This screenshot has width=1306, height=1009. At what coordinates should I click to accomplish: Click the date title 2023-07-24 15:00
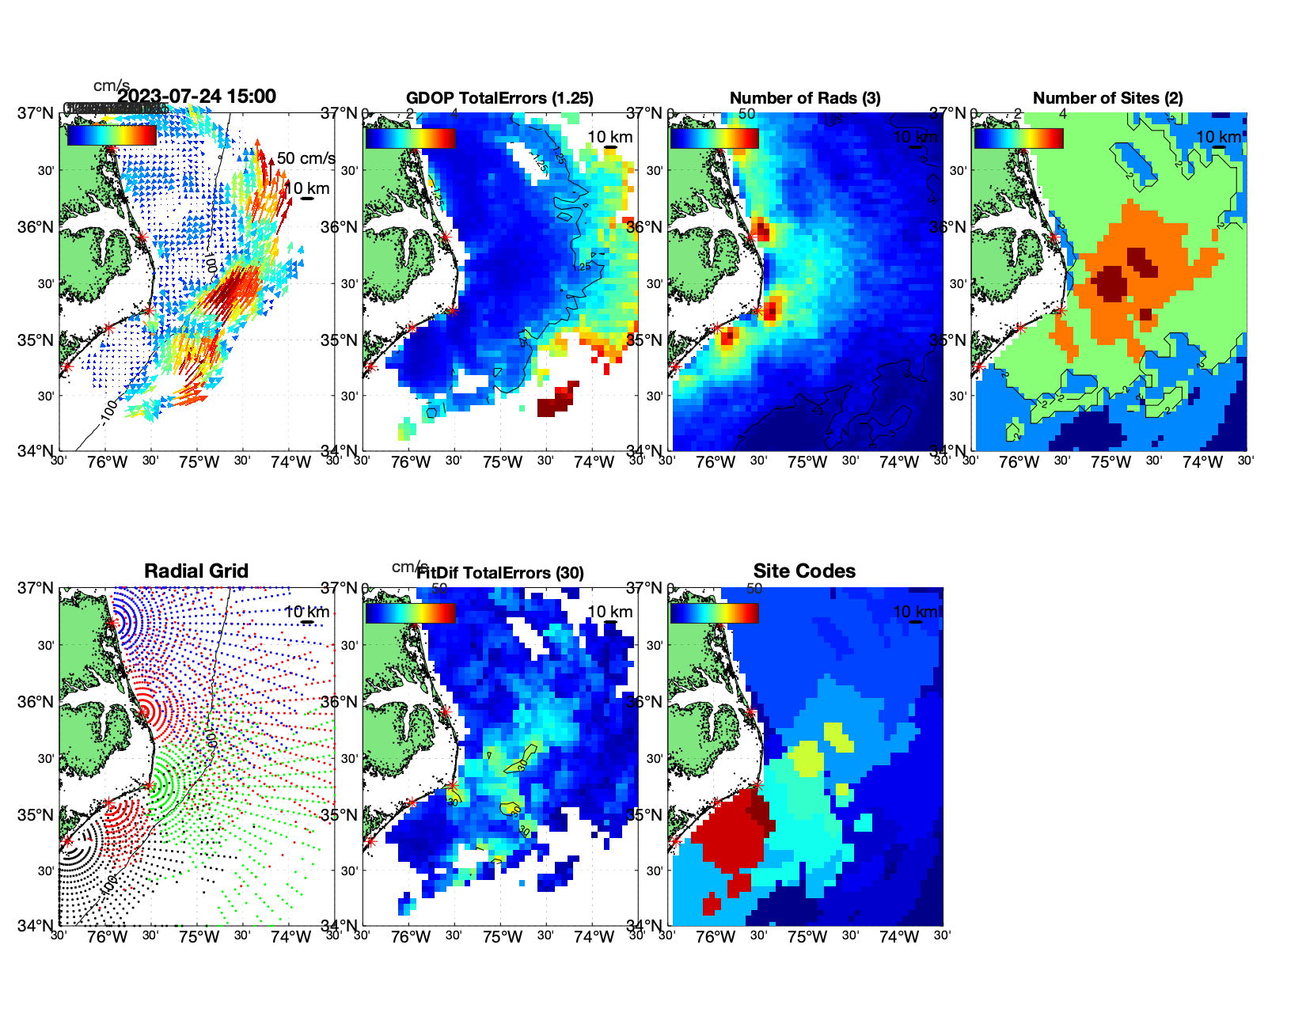coord(197,97)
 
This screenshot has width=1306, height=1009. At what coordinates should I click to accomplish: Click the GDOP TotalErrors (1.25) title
coord(499,98)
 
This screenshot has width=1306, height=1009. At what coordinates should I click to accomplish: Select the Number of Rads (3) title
coord(805,98)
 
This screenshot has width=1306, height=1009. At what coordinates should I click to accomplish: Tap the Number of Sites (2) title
coord(1108,98)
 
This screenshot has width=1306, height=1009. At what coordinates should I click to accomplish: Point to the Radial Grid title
coord(196,571)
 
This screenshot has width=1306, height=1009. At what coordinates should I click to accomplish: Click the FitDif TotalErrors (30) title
coord(500,573)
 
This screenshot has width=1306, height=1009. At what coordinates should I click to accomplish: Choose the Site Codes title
coord(804,571)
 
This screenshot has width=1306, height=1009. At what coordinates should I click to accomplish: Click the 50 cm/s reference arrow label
coord(306,158)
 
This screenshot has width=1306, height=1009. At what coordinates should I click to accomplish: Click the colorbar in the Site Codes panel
coord(714,613)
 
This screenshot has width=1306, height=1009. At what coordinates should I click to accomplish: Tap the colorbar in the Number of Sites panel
coord(1019,138)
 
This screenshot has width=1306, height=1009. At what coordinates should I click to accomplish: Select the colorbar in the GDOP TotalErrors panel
coord(410,138)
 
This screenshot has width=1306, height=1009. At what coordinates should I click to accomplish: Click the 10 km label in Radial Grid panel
coord(307,612)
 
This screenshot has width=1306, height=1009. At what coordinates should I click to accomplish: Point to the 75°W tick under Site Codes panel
coord(807,938)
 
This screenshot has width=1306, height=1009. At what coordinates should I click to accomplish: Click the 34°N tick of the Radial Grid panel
coord(40,925)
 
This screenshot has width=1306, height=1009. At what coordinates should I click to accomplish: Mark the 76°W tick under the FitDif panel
coord(412,938)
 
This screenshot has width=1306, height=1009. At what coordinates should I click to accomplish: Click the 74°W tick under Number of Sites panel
coord(1202,463)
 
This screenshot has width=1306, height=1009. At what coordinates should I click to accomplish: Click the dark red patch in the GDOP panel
coord(556,400)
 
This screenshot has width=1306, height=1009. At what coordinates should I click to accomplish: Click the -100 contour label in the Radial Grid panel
coord(109,880)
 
